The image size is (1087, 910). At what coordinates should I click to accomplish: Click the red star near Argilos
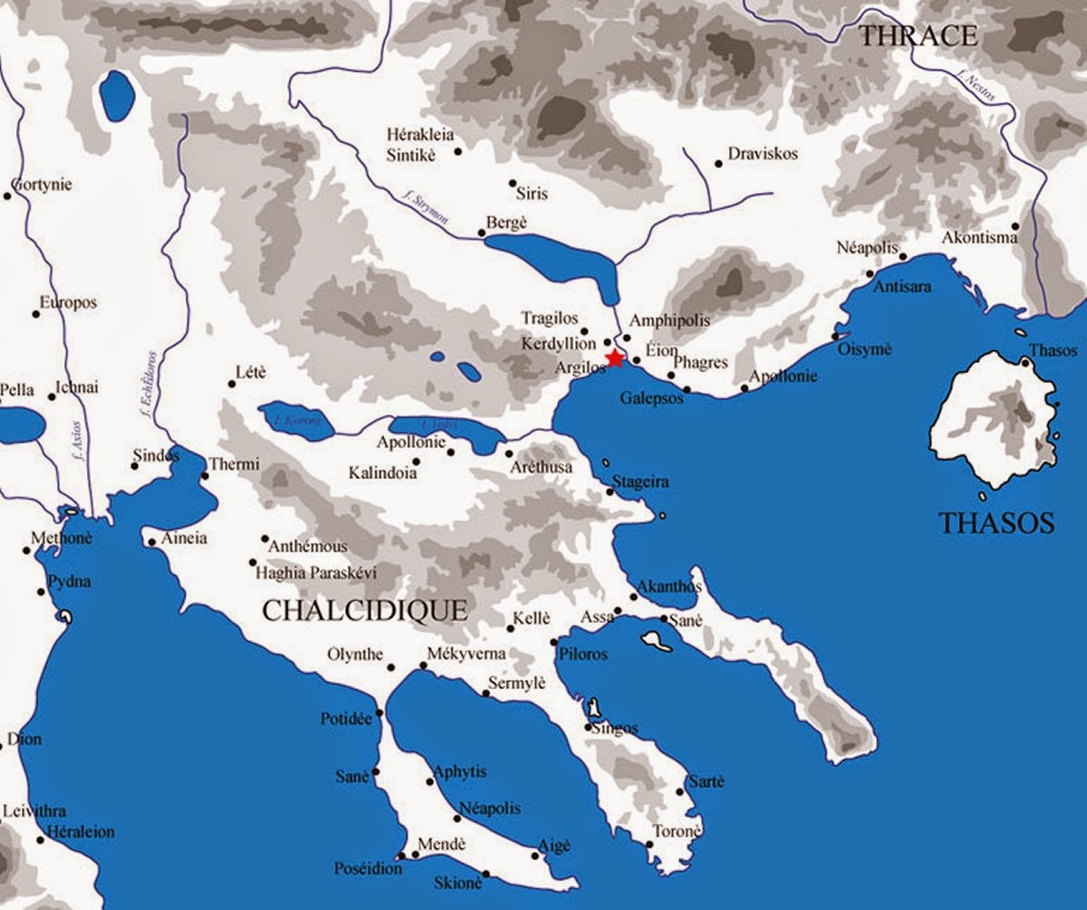click(x=616, y=359)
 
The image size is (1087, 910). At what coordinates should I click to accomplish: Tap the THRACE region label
click(x=919, y=36)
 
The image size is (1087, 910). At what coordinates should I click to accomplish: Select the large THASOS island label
click(x=996, y=522)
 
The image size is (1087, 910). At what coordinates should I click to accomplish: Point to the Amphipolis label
click(x=670, y=321)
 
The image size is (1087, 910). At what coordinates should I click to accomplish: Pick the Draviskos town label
click(x=764, y=154)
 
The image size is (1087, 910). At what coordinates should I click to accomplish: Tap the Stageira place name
click(x=640, y=482)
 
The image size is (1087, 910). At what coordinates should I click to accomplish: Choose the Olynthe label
click(x=355, y=656)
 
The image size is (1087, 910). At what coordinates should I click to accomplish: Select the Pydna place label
click(x=69, y=581)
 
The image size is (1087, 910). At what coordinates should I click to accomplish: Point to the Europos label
click(x=67, y=302)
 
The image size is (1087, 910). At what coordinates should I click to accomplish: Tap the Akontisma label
click(x=979, y=238)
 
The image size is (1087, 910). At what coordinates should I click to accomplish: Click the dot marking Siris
click(x=513, y=183)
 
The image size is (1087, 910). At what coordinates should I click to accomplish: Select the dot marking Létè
click(x=232, y=384)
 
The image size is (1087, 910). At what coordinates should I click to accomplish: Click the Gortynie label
click(x=41, y=185)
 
